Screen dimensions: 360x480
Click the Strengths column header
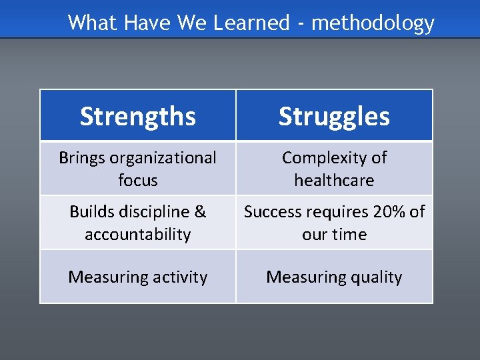pyautogui.click(x=138, y=116)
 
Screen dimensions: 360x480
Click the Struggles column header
pyautogui.click(x=334, y=116)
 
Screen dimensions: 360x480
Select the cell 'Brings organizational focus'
pyautogui.click(x=138, y=169)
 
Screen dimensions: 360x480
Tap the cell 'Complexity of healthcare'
pyautogui.click(x=334, y=169)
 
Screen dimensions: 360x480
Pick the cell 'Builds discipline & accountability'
pyautogui.click(x=138, y=223)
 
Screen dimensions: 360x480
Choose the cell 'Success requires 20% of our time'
pyautogui.click(x=334, y=223)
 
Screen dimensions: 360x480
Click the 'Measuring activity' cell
pyautogui.click(x=138, y=277)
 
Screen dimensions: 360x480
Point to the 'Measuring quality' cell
pyautogui.click(x=334, y=277)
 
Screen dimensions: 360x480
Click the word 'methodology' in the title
pyautogui.click(x=373, y=23)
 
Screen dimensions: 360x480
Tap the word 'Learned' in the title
pyautogui.click(x=251, y=23)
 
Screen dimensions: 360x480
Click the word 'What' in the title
pyautogui.click(x=91, y=23)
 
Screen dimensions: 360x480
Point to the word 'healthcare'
pyautogui.click(x=334, y=180)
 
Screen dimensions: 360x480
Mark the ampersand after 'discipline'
pyautogui.click(x=200, y=212)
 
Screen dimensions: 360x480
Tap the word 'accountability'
pyautogui.click(x=138, y=235)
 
